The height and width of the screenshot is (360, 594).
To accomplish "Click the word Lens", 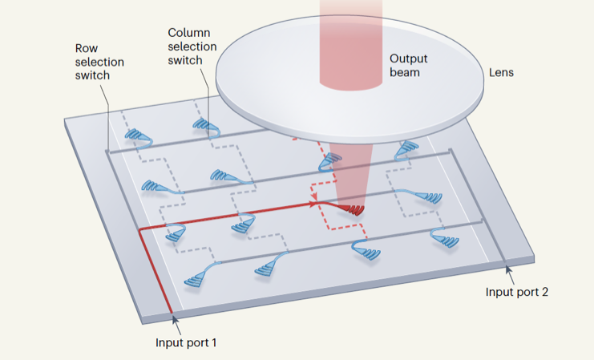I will (x=501, y=72).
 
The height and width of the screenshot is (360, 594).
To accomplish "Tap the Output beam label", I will (x=407, y=66).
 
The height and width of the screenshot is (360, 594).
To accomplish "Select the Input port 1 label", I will (x=186, y=342).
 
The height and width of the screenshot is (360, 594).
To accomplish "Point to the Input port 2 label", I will (x=517, y=291).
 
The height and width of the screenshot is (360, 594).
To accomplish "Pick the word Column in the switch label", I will (x=188, y=33).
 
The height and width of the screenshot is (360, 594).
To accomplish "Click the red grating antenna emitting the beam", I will (x=352, y=209).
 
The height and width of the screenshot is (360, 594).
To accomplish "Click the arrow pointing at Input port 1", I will (x=174, y=320).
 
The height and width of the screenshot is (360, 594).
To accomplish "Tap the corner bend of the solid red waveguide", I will (x=141, y=231).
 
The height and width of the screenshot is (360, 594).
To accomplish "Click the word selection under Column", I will (x=192, y=47).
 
